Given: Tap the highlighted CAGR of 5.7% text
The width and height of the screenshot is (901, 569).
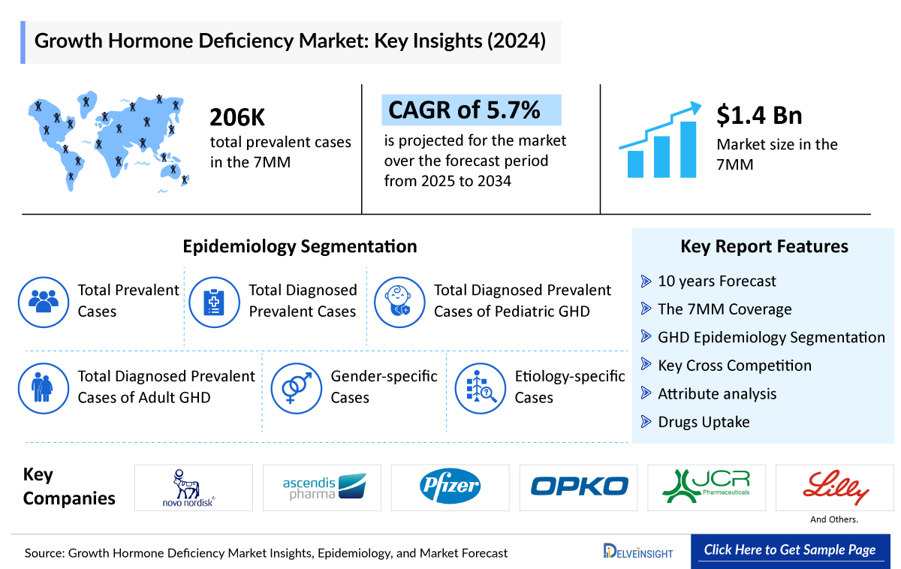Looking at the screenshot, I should (465, 110).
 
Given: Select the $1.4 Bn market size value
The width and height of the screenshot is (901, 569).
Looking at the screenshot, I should (759, 115).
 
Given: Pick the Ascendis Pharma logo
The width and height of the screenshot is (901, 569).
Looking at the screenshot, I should (322, 487).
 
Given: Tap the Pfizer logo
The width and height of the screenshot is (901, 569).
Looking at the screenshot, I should (450, 487).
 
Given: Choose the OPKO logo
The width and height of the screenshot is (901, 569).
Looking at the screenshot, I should (579, 487).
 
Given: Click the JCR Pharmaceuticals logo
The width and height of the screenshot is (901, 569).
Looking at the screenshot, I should (707, 487).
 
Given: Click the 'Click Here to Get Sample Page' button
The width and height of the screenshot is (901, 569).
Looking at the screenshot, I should (789, 550).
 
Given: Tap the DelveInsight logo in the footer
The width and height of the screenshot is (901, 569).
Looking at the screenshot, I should (638, 552).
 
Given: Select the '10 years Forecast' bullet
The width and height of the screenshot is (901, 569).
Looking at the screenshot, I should (716, 281).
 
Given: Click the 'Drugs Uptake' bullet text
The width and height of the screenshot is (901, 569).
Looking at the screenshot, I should (703, 422).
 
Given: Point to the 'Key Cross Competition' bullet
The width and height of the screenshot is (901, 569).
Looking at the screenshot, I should (734, 366).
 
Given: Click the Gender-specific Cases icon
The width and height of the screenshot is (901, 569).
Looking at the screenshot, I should (295, 388).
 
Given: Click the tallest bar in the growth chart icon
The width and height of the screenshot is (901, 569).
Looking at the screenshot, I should (688, 149).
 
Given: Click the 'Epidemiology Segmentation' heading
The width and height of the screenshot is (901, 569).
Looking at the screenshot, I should (300, 246).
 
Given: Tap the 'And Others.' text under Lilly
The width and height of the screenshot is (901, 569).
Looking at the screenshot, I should (834, 519).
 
